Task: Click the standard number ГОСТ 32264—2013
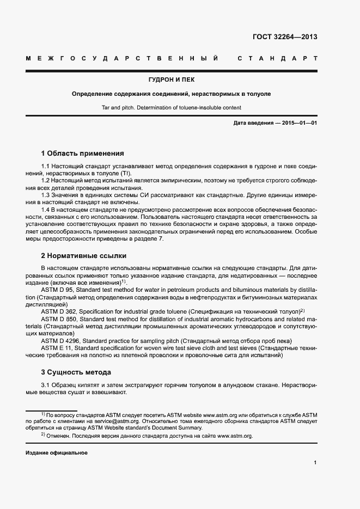coord(285,38)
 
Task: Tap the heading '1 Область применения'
coord(83,154)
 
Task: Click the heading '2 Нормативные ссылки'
coord(83,255)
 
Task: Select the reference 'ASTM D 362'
coord(59,311)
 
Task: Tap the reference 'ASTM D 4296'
coord(61,340)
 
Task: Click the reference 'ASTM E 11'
coord(57,347)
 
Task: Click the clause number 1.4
coord(46,210)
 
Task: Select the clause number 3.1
coord(46,385)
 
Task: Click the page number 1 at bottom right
coord(315,463)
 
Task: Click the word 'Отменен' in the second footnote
coord(59,436)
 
